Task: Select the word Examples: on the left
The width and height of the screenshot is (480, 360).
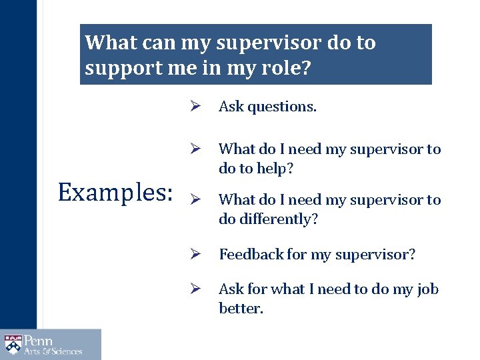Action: click(x=115, y=192)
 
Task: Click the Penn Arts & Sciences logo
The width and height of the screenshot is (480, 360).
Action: click(x=51, y=345)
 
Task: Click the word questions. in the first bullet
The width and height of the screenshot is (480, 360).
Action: click(x=283, y=107)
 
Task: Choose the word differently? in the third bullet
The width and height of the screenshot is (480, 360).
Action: click(x=279, y=219)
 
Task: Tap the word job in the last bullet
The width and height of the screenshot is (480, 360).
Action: click(x=427, y=289)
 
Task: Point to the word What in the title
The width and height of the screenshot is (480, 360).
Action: click(x=111, y=43)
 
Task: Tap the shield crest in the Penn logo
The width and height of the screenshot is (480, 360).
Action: click(x=13, y=345)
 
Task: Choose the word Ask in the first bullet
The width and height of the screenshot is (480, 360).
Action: click(x=231, y=107)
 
